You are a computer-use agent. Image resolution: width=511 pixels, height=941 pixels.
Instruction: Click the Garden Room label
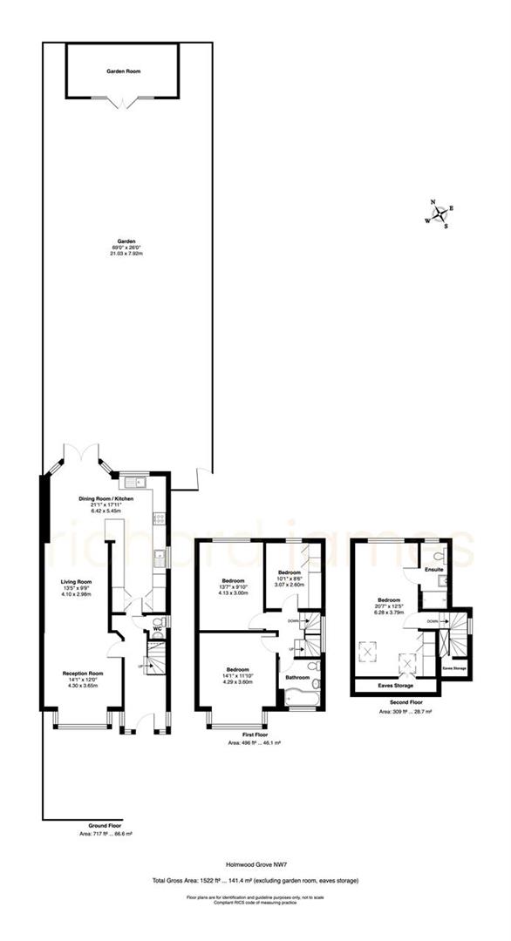(x=124, y=71)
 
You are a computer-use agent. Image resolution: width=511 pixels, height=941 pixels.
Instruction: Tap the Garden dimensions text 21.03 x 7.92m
(x=125, y=254)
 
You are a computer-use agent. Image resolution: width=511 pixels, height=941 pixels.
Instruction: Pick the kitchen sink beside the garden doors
(x=133, y=481)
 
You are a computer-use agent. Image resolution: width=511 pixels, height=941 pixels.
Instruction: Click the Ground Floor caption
(x=104, y=824)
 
